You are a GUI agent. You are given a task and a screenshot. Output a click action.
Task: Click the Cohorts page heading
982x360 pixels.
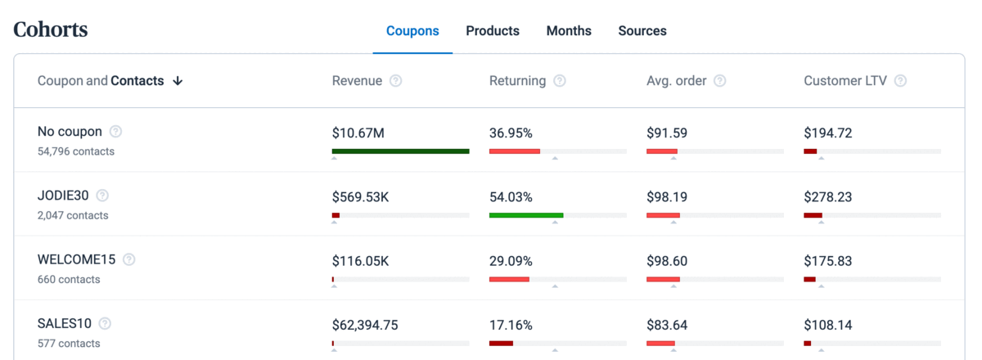tap(51, 30)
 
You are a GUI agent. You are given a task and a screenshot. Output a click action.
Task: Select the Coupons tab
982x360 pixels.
tap(412, 31)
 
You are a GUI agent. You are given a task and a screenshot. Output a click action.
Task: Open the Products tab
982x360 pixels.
tap(493, 31)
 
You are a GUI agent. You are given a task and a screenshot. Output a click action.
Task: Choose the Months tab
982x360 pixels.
tap(569, 31)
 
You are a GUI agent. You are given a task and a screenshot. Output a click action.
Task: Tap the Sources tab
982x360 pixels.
tap(642, 31)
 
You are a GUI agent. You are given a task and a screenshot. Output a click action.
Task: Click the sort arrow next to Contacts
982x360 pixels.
tap(178, 81)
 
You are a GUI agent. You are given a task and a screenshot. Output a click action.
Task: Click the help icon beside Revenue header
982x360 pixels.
tap(396, 81)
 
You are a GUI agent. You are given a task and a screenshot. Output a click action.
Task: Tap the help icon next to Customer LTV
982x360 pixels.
tap(900, 81)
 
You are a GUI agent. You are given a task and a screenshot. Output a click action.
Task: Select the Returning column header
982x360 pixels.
tap(517, 81)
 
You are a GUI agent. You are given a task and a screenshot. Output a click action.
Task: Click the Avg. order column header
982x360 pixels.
tap(676, 81)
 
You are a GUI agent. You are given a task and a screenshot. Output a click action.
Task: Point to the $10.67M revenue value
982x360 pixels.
tap(359, 133)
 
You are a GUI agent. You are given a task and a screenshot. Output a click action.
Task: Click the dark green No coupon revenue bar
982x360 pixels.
tap(400, 151)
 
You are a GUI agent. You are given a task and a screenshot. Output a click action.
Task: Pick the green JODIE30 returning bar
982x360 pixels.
tap(525, 215)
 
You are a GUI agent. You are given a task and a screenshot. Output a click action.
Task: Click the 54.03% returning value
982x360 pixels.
tap(511, 197)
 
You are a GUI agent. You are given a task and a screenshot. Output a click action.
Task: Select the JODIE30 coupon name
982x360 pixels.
tap(63, 196)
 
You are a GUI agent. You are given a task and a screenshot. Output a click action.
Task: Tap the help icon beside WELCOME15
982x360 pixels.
tap(129, 260)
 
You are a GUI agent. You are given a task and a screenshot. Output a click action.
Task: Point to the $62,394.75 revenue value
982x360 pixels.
tap(365, 325)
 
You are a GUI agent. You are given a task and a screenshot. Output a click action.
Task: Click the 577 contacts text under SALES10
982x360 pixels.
tap(69, 344)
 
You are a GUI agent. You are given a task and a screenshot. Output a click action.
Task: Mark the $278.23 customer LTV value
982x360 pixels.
tap(827, 197)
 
